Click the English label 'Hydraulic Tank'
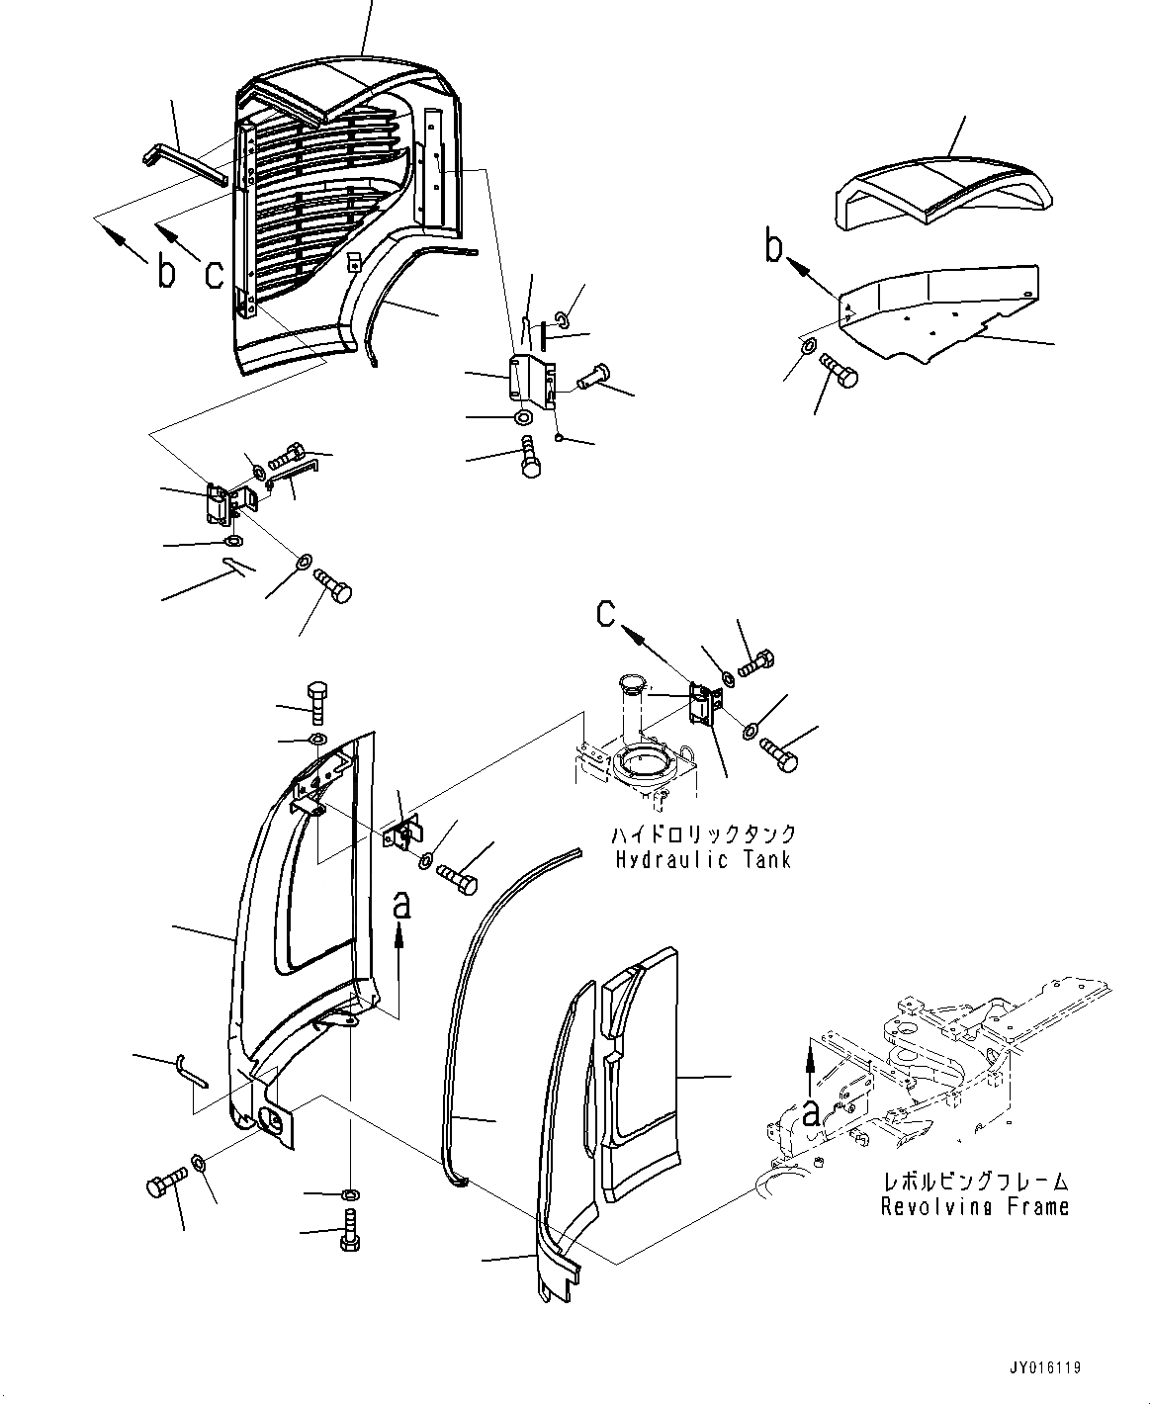tap(702, 859)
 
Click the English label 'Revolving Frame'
tap(974, 1206)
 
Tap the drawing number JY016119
tap(1045, 1368)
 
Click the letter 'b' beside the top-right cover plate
tap(775, 247)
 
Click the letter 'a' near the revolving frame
tap(811, 1113)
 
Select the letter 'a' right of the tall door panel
tap(400, 902)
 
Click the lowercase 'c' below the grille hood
tap(213, 273)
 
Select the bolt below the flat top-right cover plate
tap(840, 374)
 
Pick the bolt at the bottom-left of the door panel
tap(164, 1183)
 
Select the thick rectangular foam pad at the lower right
tap(641, 1068)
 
